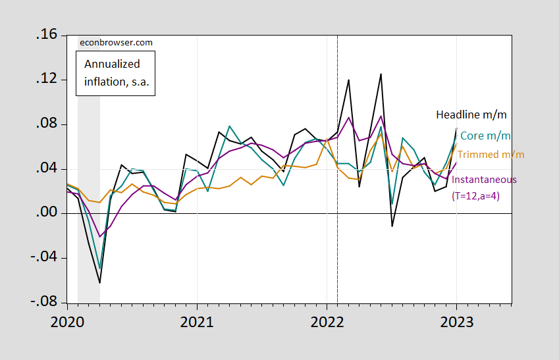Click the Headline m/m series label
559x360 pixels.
(471, 115)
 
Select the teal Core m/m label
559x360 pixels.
(485, 136)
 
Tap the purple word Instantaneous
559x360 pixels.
(484, 179)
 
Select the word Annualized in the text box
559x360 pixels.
(111, 64)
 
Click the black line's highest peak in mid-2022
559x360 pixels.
(381, 74)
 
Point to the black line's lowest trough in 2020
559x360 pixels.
(99, 283)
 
